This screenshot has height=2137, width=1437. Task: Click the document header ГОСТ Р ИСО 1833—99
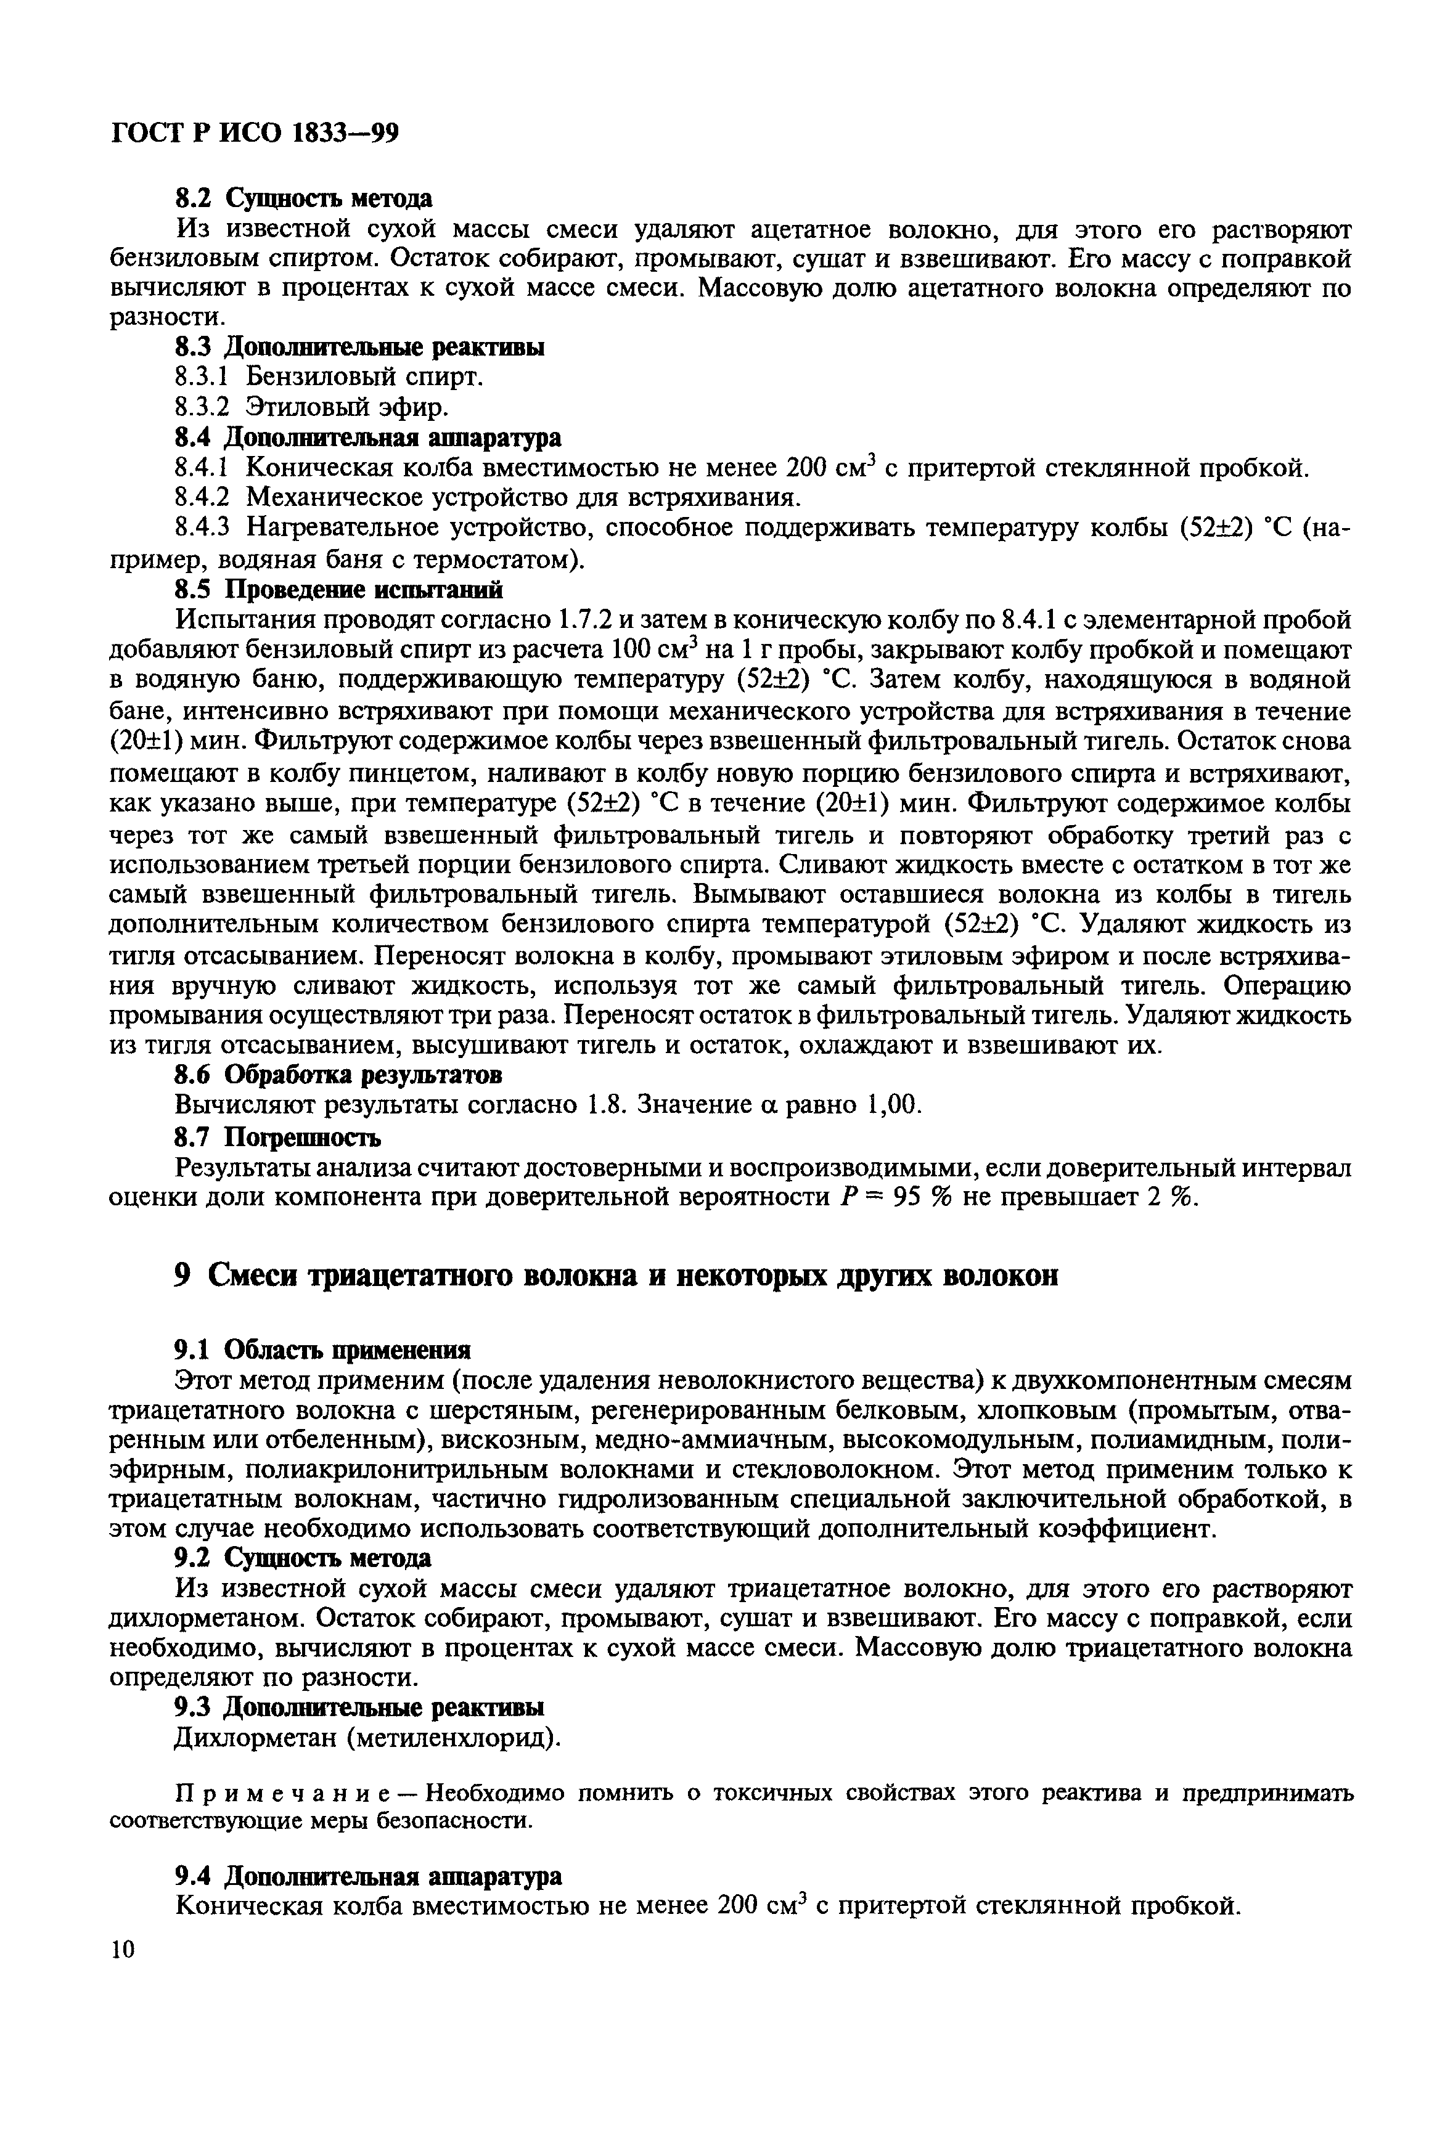pyautogui.click(x=254, y=134)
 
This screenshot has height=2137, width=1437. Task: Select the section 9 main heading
pyautogui.click(x=616, y=1276)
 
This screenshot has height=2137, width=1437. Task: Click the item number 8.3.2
pyautogui.click(x=200, y=407)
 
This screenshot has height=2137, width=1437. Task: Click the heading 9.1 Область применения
pyautogui.click(x=322, y=1350)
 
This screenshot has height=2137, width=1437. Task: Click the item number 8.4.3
pyautogui.click(x=200, y=529)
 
